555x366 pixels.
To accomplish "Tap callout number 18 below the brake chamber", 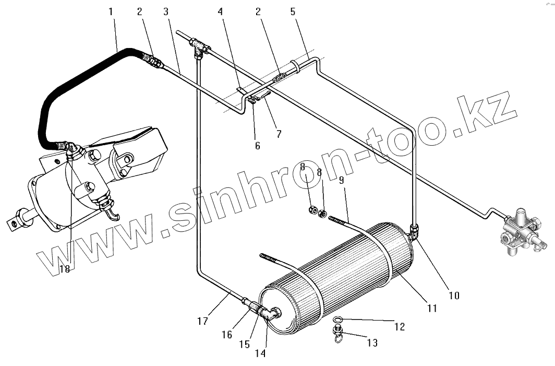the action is click(64, 269).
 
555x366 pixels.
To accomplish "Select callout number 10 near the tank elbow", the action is click(454, 296).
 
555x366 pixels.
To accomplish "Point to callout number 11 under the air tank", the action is click(431, 309).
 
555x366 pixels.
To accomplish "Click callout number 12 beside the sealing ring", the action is click(400, 327).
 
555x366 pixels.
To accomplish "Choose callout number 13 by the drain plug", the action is click(372, 343).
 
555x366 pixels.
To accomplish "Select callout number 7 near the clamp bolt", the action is click(279, 134).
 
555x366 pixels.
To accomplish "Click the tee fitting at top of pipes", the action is click(199, 48).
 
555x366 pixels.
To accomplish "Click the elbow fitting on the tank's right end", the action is click(414, 231).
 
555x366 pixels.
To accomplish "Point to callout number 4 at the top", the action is click(221, 11).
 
